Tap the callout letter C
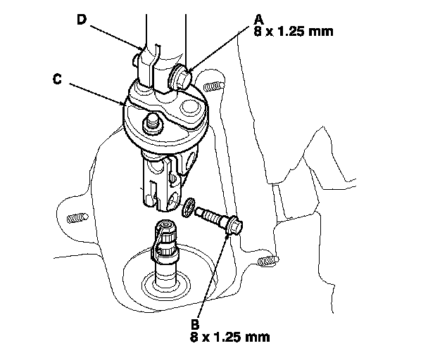click(x=56, y=79)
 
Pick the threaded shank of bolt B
click(x=210, y=214)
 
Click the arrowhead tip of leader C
click(x=127, y=106)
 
